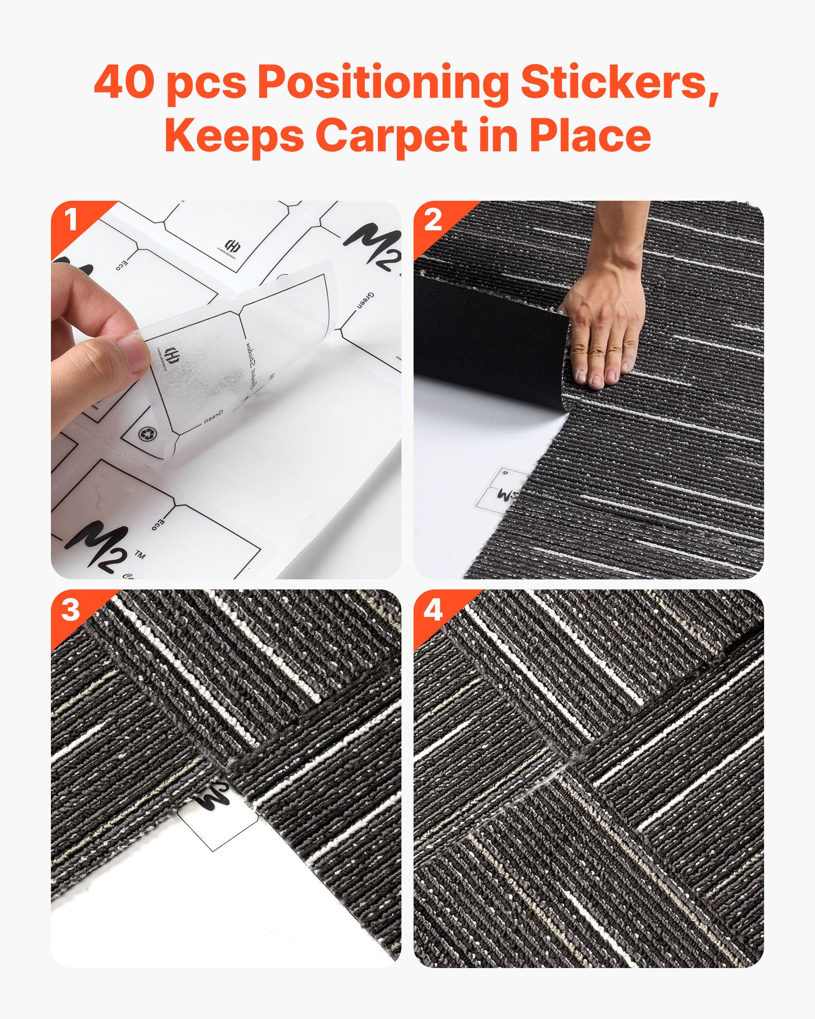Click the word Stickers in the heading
tap(619, 83)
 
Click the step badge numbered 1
tap(70, 221)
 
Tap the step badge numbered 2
tap(433, 221)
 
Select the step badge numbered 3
tap(70, 609)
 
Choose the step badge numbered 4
tap(433, 609)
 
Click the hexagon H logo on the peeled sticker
tap(172, 354)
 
